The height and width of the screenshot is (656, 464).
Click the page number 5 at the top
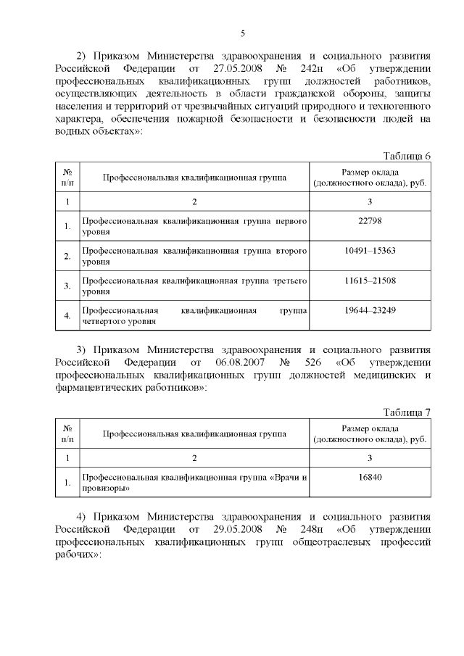(243, 33)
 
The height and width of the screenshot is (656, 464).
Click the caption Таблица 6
(406, 156)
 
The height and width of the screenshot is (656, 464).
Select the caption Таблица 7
(406, 412)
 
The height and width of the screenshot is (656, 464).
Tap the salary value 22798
(370, 220)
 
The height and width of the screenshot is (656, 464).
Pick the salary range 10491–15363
(370, 250)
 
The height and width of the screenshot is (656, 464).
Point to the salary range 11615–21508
(370, 280)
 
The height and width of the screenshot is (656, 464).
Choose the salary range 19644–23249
(370, 310)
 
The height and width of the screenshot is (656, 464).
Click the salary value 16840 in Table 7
(370, 477)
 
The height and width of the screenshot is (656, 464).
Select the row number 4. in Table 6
(67, 315)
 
